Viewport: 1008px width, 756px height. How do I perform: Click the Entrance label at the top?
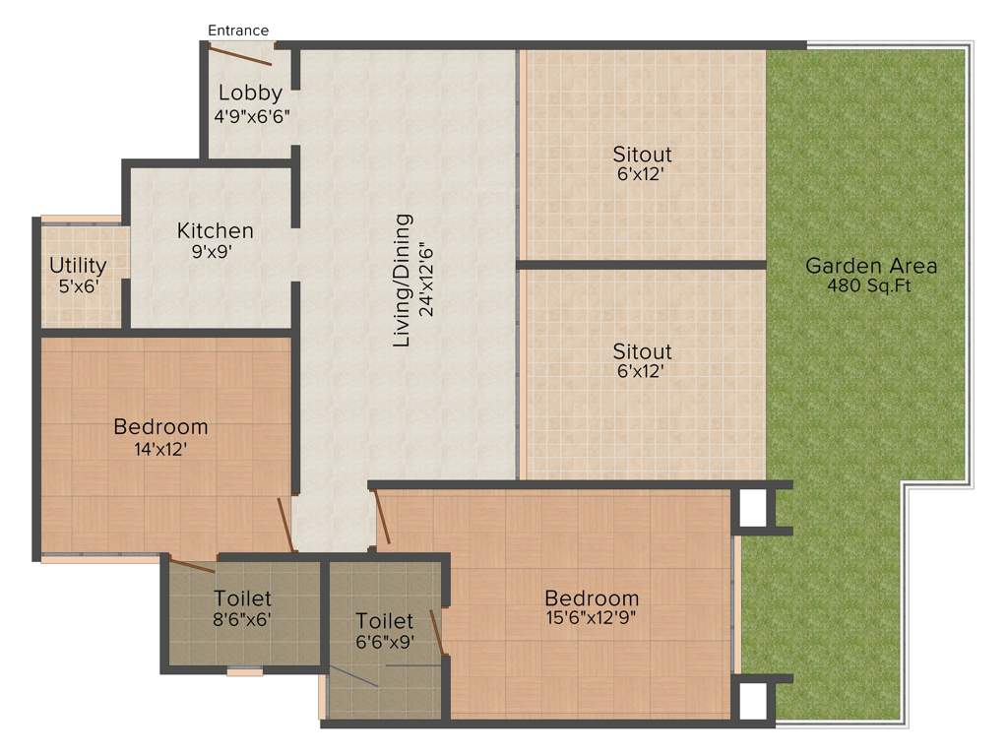(237, 31)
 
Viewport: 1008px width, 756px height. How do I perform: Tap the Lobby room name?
(250, 94)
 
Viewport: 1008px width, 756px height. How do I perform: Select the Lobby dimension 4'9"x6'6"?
(252, 115)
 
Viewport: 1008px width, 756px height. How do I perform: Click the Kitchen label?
(215, 230)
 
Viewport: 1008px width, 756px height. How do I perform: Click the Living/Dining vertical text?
(402, 281)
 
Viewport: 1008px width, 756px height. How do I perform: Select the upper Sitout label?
(642, 155)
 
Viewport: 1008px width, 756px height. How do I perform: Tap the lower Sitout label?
(642, 351)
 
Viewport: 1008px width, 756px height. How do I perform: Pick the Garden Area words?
(870, 265)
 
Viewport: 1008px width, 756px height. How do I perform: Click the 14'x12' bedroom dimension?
(160, 449)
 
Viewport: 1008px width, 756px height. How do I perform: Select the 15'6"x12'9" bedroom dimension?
(592, 619)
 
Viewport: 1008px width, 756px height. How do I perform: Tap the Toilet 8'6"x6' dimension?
(242, 620)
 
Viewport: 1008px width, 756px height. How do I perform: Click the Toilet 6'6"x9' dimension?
(384, 642)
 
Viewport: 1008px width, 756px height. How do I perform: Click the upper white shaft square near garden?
(753, 508)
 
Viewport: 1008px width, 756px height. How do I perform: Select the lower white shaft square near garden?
(753, 700)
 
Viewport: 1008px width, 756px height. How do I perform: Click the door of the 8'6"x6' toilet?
(192, 564)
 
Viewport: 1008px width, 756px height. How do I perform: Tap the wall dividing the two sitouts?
(641, 264)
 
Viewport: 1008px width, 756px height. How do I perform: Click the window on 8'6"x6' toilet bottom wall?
(245, 672)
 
